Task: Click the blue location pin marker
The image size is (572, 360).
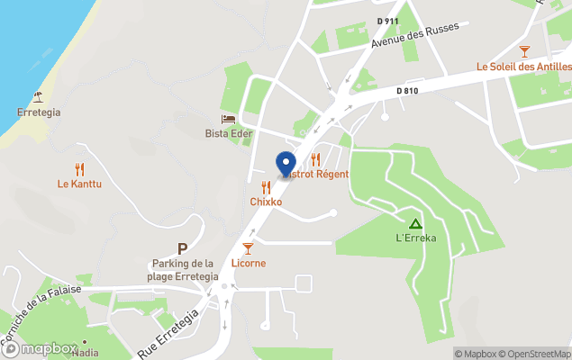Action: pyautogui.click(x=286, y=165)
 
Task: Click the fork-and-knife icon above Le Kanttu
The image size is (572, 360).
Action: pyautogui.click(x=79, y=168)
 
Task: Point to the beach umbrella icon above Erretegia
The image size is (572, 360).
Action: pyautogui.click(x=38, y=96)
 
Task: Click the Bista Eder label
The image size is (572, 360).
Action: pyautogui.click(x=229, y=134)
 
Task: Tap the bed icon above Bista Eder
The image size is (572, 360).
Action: pyautogui.click(x=228, y=119)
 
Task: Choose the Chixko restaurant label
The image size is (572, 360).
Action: pyautogui.click(x=266, y=202)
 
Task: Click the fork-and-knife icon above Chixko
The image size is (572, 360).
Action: pyautogui.click(x=266, y=187)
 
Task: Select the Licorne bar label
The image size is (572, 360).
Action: pyautogui.click(x=248, y=263)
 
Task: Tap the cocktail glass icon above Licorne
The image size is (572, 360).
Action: pyautogui.click(x=248, y=247)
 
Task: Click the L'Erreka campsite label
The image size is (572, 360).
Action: pyautogui.click(x=415, y=238)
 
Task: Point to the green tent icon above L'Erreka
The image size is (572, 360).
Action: pyautogui.click(x=415, y=222)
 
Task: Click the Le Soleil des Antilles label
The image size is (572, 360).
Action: pyautogui.click(x=522, y=67)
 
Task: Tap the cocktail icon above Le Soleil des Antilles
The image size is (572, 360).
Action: pyautogui.click(x=524, y=51)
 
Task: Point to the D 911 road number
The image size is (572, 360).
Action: pyautogui.click(x=386, y=20)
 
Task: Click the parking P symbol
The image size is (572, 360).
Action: pyautogui.click(x=182, y=248)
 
